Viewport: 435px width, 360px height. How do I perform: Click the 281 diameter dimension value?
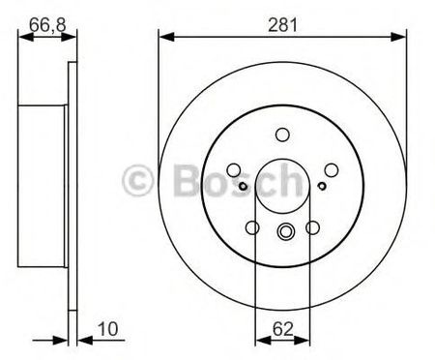(x=282, y=25)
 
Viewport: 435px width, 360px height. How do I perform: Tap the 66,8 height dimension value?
(x=47, y=25)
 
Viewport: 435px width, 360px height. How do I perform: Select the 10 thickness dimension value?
(x=108, y=329)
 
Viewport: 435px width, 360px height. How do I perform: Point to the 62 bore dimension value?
(x=283, y=329)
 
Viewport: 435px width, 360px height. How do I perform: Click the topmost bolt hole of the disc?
(x=282, y=135)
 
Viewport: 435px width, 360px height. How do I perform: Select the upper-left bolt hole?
(x=234, y=170)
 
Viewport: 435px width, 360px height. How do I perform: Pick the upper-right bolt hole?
(x=332, y=170)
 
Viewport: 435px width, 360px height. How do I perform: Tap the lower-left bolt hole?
(x=252, y=227)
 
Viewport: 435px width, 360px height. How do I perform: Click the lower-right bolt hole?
(x=312, y=227)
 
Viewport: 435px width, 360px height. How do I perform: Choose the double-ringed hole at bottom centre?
(x=285, y=231)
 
